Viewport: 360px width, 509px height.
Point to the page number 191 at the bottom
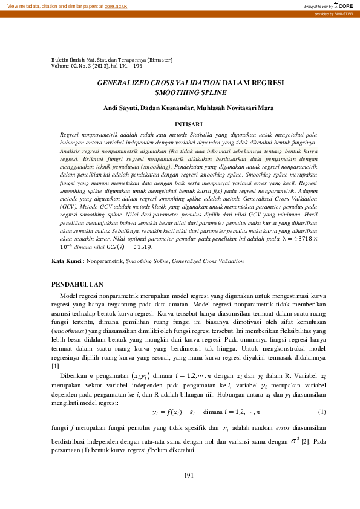[189, 475]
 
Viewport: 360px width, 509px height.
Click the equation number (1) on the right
[322, 412]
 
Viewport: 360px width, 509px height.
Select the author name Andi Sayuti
[137, 109]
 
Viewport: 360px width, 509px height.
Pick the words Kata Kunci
[66, 261]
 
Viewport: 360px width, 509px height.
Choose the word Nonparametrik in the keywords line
[104, 261]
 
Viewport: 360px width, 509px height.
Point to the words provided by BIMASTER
[336, 14]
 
